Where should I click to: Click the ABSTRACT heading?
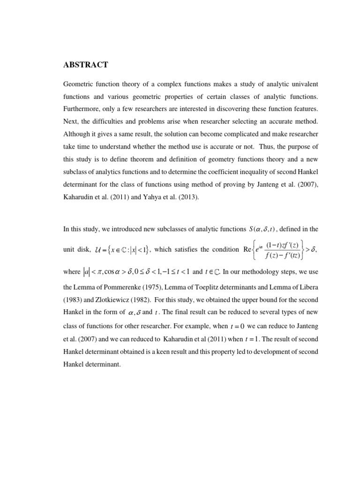click(x=85, y=65)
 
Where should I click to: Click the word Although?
click(x=77, y=133)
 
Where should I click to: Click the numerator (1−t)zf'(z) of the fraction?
click(x=282, y=245)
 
